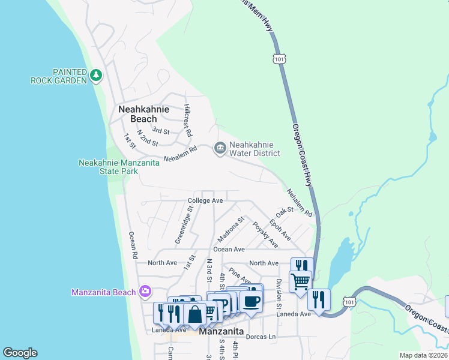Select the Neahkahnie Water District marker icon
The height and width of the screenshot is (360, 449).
pos(220,148)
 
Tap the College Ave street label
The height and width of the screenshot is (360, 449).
pos(205,200)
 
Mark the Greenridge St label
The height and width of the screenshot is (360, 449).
pos(183,226)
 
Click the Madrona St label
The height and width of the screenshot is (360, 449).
pos(231,227)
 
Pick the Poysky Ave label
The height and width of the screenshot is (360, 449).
pos(265,234)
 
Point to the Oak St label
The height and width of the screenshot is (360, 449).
pos(284,212)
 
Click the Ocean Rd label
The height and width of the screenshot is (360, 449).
pos(133,246)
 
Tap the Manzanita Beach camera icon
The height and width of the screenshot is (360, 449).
pos(145,292)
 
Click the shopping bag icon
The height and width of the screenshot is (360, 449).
pos(196,314)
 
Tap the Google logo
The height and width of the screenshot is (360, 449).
pos(20,353)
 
